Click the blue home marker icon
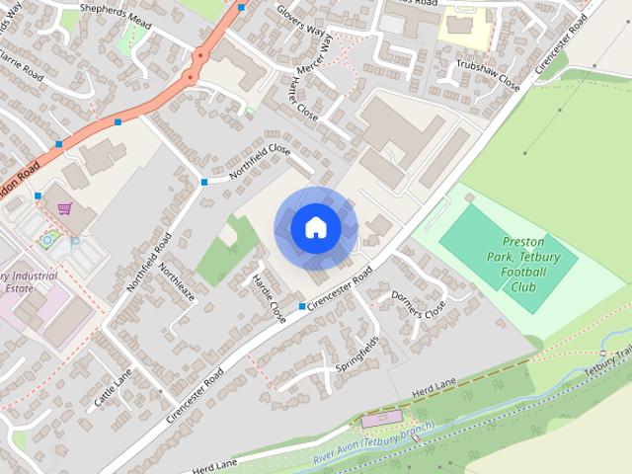point(315,227)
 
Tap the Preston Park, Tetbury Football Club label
point(531,264)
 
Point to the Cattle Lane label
point(114,391)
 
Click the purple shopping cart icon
point(65,208)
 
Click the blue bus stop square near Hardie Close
point(302,307)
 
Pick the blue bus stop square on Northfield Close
point(204,182)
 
